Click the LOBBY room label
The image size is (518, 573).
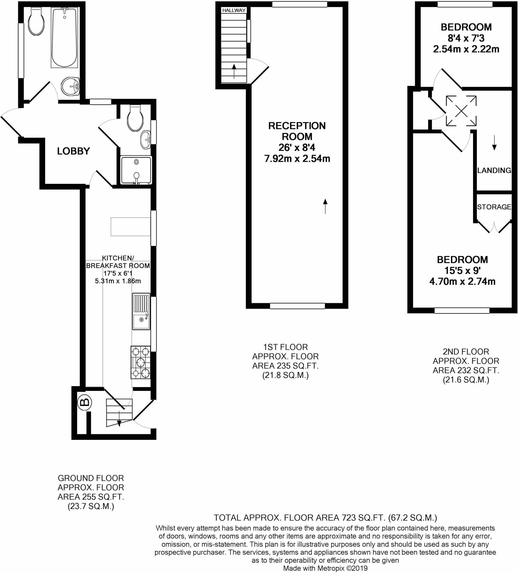coord(73,151)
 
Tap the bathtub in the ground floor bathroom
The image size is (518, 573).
coord(65,37)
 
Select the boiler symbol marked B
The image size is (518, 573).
coord(84,402)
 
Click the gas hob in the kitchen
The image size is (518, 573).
coord(140,362)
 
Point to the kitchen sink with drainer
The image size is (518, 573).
coord(141,311)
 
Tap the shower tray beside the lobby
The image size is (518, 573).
coord(136,170)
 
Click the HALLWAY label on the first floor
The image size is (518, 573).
coord(234,10)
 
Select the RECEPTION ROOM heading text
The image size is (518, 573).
coord(297,131)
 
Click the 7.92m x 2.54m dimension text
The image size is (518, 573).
coord(297,158)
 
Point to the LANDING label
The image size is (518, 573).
coord(494,170)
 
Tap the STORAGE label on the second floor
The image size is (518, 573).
coord(494,207)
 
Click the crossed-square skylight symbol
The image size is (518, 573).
coord(461,111)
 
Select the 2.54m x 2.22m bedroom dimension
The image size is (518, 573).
coord(466,49)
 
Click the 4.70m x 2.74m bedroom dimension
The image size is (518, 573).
coord(462,281)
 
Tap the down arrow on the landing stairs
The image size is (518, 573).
coord(495,143)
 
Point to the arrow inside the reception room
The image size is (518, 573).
coord(325,206)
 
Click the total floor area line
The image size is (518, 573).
coord(325,518)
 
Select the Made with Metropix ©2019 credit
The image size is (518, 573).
coord(325,568)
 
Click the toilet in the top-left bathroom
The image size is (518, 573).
coord(36,21)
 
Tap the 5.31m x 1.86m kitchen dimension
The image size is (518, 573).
coord(118,281)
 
